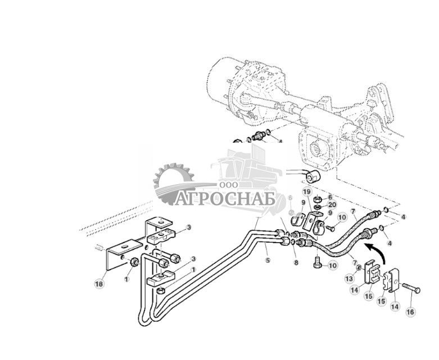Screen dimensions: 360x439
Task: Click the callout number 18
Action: [x=99, y=285]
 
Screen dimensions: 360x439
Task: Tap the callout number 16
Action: [x=410, y=311]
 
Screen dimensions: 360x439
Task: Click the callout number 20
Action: [x=332, y=205]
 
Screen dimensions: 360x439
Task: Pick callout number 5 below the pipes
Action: [x=268, y=260]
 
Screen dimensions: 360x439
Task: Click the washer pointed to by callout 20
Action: [x=318, y=206]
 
